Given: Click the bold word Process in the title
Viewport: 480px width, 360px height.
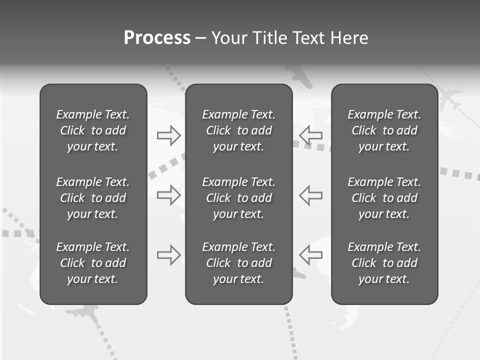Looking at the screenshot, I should pyautogui.click(x=157, y=38).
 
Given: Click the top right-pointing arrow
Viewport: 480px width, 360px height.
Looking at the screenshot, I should pyautogui.click(x=168, y=135).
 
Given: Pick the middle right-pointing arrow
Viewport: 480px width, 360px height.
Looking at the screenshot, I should pyautogui.click(x=168, y=195).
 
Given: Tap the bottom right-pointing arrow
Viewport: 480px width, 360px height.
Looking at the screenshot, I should pyautogui.click(x=168, y=255).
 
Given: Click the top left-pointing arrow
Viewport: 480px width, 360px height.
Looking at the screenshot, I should pyautogui.click(x=310, y=135).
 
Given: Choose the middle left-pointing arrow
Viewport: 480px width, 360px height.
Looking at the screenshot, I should pyautogui.click(x=310, y=195).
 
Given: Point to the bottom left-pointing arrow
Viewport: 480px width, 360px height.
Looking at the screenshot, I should pyautogui.click(x=310, y=255).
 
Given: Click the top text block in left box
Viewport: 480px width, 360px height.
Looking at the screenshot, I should pyautogui.click(x=93, y=130).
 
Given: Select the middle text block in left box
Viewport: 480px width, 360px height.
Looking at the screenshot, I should pyautogui.click(x=93, y=198).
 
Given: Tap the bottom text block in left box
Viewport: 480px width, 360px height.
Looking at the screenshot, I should pyautogui.click(x=93, y=263).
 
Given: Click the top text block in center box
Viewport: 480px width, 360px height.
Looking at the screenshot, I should pyautogui.click(x=238, y=130).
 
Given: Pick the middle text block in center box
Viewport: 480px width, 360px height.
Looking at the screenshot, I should pyautogui.click(x=238, y=198).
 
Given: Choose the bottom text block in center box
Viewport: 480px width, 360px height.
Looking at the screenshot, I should pyautogui.click(x=238, y=263).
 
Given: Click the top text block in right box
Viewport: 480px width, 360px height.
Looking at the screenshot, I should pyautogui.click(x=384, y=130).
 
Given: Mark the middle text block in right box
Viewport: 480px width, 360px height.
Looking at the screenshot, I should pyautogui.click(x=384, y=198).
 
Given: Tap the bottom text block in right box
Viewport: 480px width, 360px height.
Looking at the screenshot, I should pyautogui.click(x=384, y=263).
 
